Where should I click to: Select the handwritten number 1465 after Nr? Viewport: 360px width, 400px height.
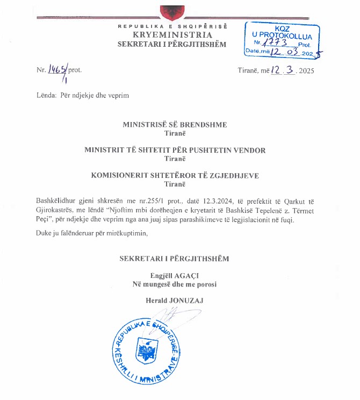coord(56,69)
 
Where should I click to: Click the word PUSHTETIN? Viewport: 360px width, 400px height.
coord(222,150)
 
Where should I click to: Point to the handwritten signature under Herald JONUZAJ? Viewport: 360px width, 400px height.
coord(171,317)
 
